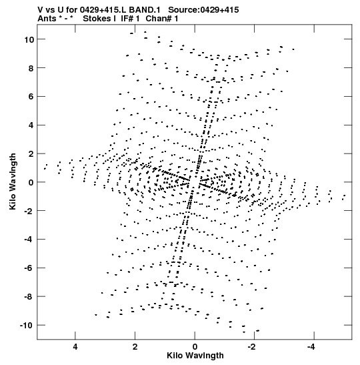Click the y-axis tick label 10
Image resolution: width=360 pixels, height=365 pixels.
29,39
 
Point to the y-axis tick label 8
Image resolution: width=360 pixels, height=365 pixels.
31,68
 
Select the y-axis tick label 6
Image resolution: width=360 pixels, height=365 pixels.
31,97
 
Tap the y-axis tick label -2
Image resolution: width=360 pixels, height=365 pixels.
29,211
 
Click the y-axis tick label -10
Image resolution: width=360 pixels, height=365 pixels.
27,325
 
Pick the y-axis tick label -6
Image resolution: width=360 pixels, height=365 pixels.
29,268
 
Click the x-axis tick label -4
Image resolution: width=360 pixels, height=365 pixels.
311,347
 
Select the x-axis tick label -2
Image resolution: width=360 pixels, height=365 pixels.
252,347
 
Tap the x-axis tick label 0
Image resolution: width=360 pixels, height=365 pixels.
195,347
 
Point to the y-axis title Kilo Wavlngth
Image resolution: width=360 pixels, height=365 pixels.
13,181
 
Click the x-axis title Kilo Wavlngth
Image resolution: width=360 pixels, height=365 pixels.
195,356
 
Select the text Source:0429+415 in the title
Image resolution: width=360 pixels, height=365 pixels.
203,10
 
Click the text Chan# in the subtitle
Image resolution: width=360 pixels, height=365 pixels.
159,19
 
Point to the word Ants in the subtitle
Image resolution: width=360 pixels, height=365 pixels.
47,19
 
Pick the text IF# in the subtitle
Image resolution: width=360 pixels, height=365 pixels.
127,19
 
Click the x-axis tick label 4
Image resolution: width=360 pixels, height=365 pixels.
75,347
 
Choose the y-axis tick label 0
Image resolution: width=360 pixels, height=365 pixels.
31,183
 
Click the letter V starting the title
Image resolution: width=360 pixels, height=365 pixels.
40,10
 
